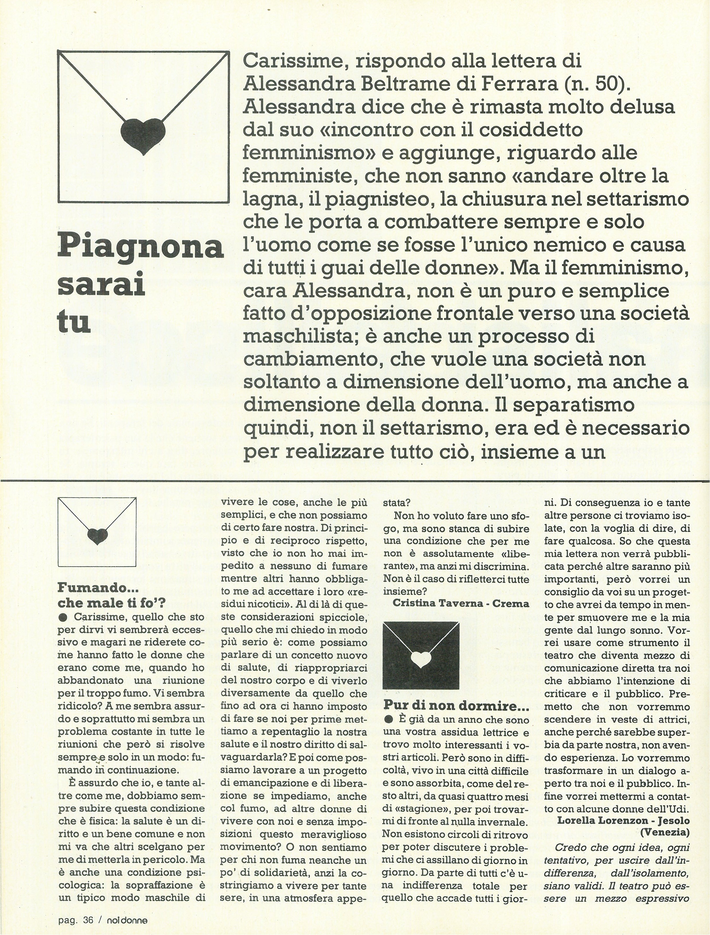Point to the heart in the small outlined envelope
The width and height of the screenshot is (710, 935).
pyautogui.click(x=98, y=536)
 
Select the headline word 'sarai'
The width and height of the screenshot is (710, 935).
pyautogui.click(x=101, y=287)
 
